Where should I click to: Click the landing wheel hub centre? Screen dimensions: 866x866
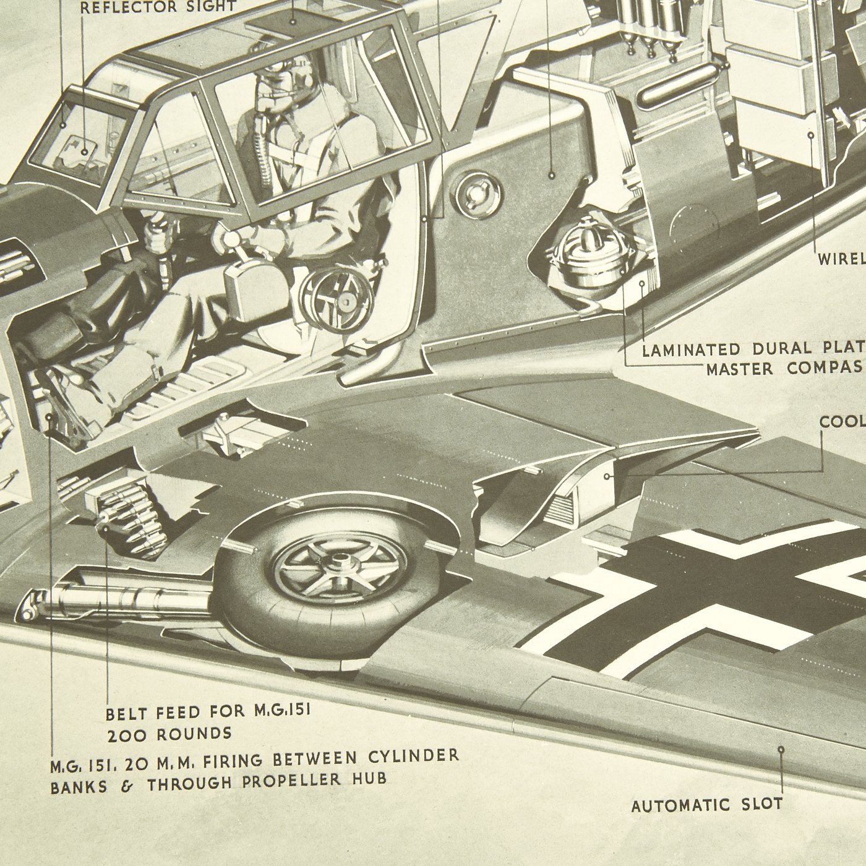point(340,564)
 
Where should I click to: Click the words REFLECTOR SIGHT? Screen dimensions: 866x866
point(158,7)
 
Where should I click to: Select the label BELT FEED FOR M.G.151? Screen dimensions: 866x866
point(208,713)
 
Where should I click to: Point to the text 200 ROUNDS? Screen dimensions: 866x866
point(168,734)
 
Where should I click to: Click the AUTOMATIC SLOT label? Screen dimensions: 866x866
point(706,805)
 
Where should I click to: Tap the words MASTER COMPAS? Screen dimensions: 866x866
point(786,369)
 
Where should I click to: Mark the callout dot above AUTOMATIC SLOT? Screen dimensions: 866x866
point(781,749)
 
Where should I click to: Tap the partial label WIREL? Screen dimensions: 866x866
point(841,259)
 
